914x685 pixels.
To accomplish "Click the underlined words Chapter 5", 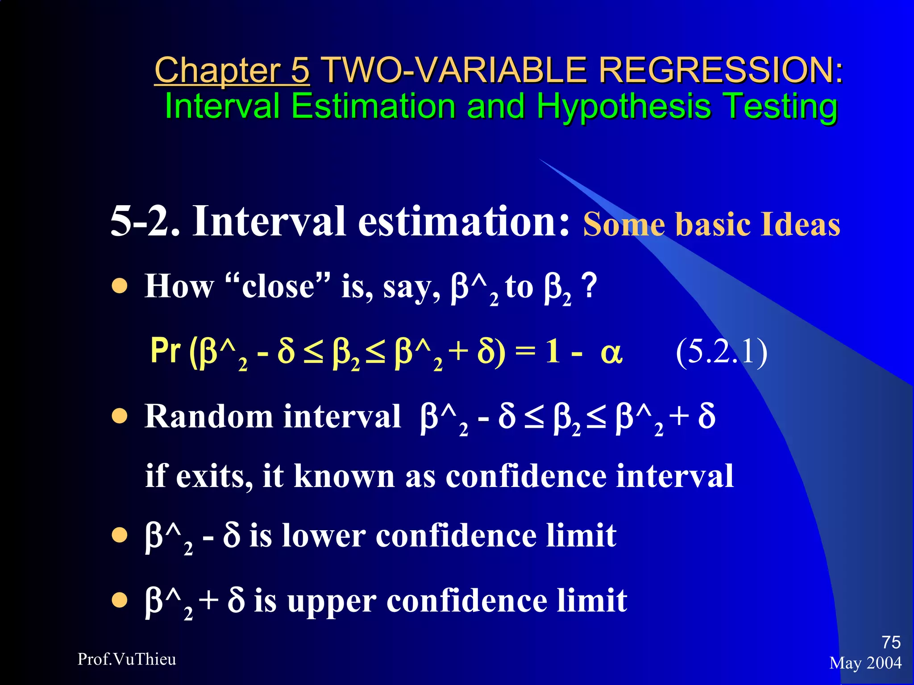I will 232,70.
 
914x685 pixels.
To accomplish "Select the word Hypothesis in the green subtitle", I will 623,107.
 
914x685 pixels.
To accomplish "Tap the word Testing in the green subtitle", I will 780,107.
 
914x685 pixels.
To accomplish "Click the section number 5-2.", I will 145,222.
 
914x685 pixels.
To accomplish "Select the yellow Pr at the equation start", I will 166,351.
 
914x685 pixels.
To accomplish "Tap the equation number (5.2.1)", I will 721,352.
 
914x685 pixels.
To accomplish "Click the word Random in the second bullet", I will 208,417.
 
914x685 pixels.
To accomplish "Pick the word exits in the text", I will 210,476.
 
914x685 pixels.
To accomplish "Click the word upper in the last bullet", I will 332,601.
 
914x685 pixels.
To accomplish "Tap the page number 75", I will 891,642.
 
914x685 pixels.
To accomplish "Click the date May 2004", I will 865,663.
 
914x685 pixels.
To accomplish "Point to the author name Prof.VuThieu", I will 127,659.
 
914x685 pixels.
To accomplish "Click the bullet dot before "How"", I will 120,287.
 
